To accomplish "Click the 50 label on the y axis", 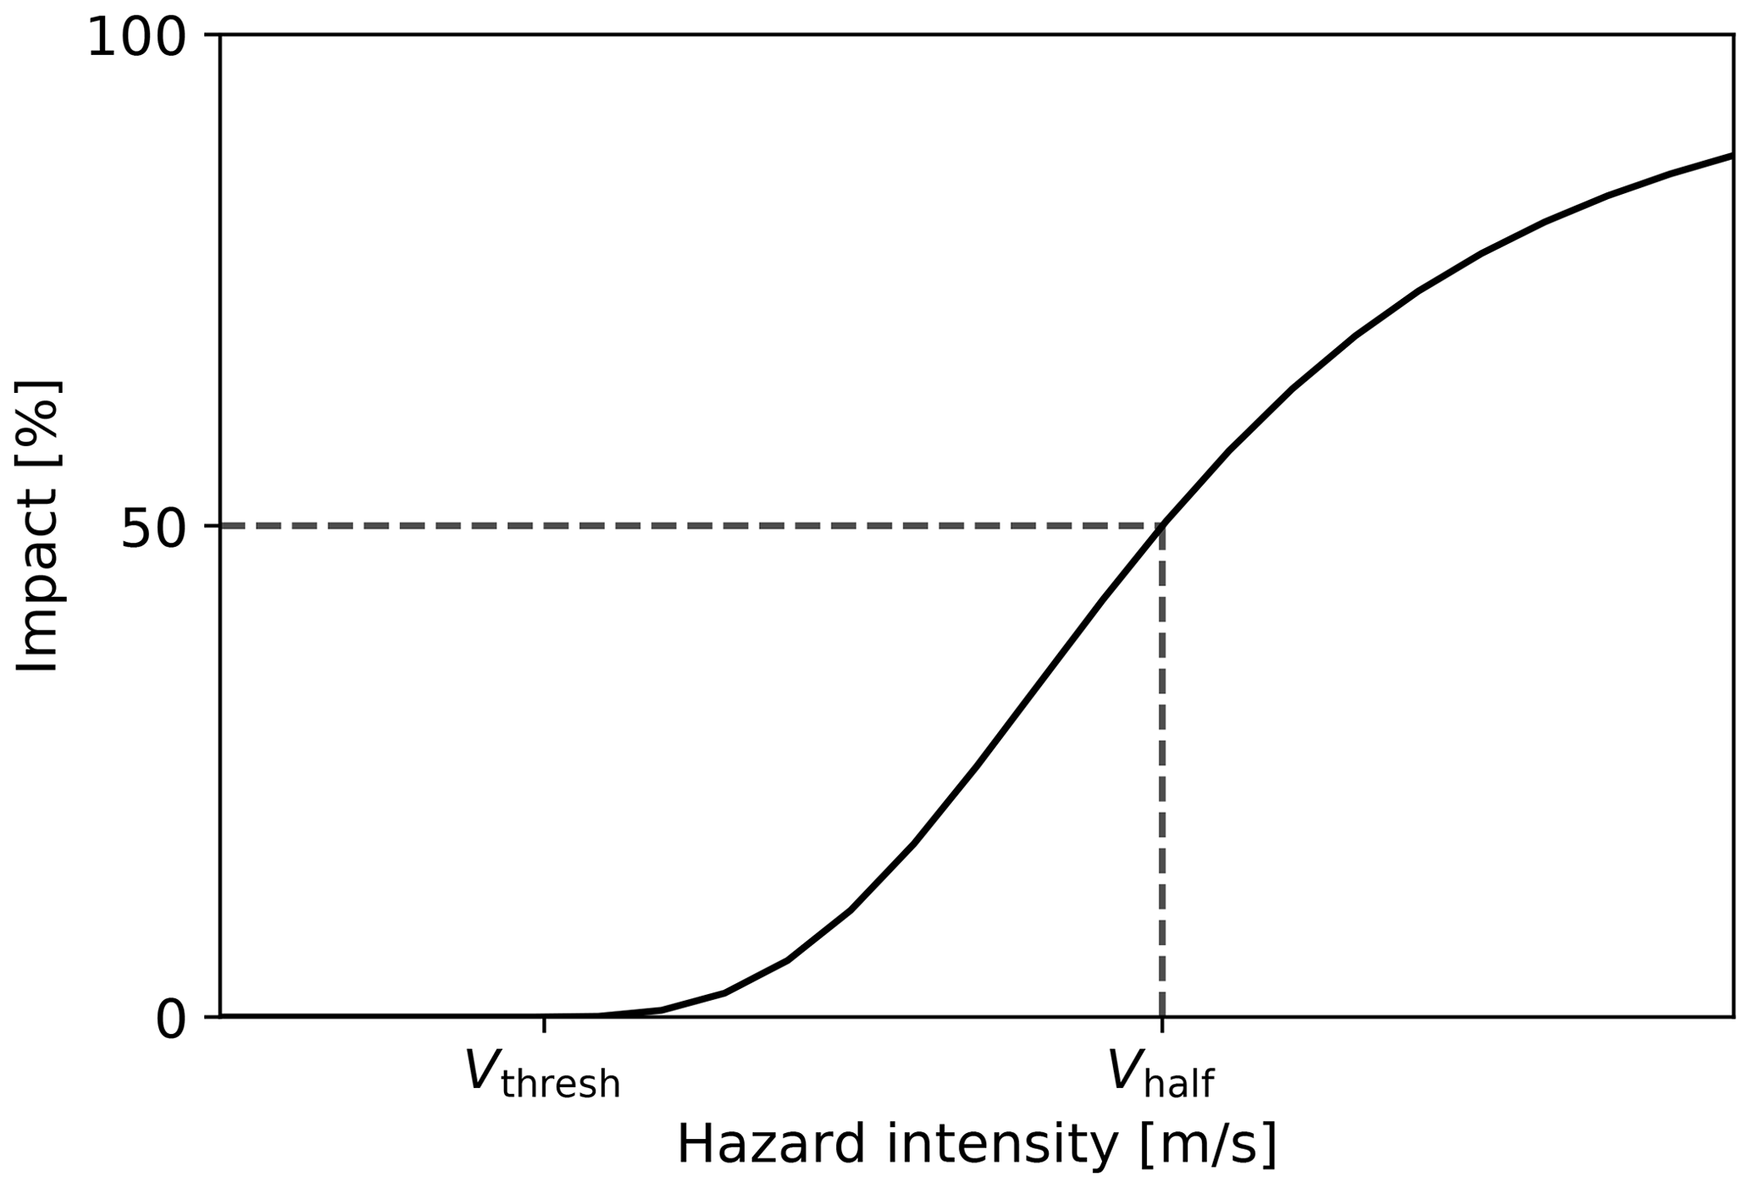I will [152, 530].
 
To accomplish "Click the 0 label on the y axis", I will [170, 1021].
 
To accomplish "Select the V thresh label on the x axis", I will [542, 1074].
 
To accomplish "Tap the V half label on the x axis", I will [1161, 1074].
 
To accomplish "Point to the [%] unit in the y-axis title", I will [37, 420].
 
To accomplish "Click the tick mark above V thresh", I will [544, 1025].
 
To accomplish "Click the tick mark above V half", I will [1162, 1025].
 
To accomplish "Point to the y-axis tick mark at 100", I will [212, 36].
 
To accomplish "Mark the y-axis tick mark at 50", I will [212, 526].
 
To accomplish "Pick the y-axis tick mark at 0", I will [212, 1015].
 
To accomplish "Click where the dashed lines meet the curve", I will [1162, 526].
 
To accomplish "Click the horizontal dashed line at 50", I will [678, 526].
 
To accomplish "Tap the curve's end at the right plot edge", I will [1730, 156].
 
